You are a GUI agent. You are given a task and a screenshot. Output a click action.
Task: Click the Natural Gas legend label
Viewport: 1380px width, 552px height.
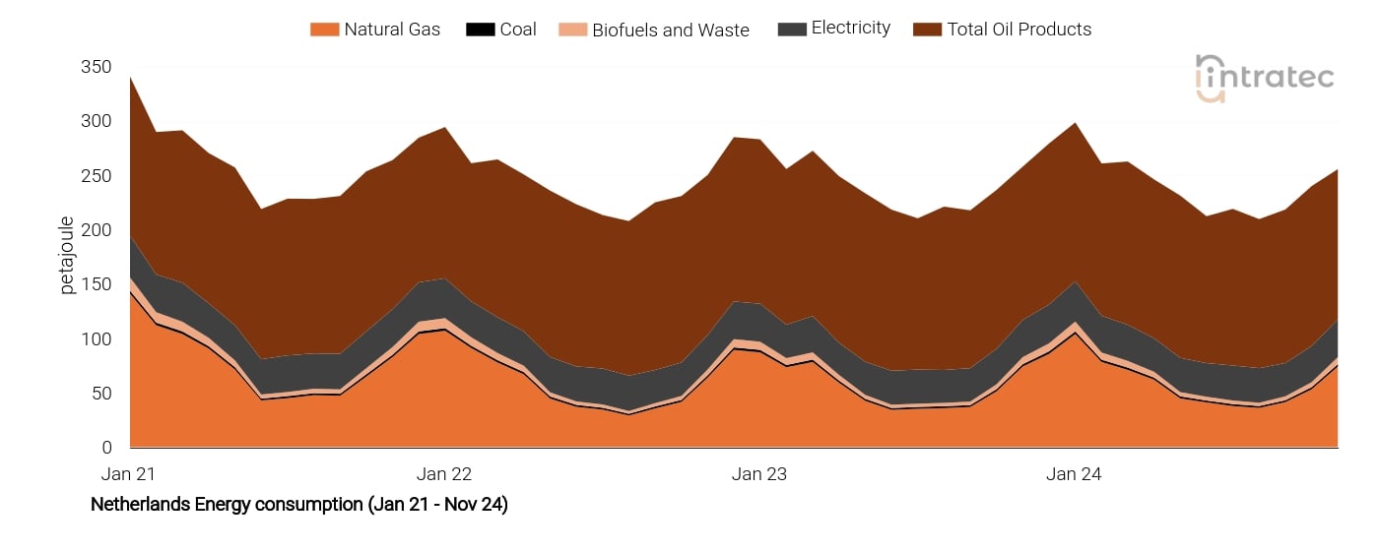click(391, 30)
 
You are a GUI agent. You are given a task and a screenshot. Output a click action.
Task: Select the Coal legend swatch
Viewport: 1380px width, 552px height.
click(480, 30)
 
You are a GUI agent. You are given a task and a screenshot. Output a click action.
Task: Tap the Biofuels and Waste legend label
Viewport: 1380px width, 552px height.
click(670, 31)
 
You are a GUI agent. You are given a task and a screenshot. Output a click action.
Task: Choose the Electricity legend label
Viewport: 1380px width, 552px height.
click(850, 29)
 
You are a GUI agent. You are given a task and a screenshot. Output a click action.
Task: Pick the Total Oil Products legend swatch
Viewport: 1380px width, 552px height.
click(930, 30)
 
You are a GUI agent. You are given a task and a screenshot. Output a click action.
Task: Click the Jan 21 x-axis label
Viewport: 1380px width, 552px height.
click(129, 474)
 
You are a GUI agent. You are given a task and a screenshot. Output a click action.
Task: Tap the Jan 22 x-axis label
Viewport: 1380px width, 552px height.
click(444, 474)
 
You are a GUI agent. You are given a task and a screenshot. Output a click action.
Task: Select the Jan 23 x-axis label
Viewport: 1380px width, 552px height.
click(759, 474)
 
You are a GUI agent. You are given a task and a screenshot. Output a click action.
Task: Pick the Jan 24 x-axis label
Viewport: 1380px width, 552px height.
click(1074, 474)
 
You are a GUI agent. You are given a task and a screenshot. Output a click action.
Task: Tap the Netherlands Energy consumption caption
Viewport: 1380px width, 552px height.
click(299, 505)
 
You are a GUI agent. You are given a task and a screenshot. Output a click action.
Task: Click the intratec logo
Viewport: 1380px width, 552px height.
click(1265, 78)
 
